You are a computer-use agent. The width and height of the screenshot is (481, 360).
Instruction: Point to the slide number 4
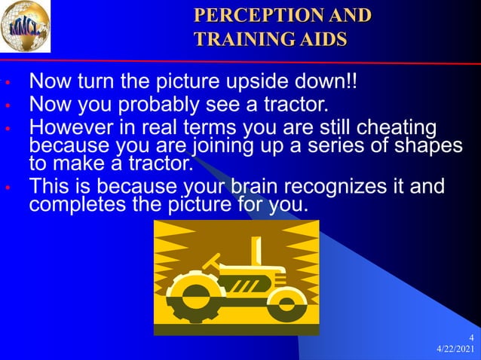[x=471, y=337]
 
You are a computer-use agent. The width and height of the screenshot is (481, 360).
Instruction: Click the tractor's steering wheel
[x=210, y=262]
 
